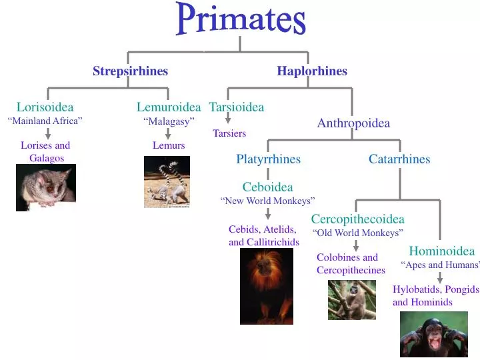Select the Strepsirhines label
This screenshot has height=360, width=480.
tap(130, 71)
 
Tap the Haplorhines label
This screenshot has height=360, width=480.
tap(312, 71)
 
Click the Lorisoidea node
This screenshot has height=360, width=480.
tap(45, 107)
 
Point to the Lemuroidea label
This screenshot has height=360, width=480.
tap(169, 107)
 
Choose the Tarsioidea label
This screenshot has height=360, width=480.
tap(237, 107)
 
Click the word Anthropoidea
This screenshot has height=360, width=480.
tap(353, 123)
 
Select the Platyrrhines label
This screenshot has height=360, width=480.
tap(268, 159)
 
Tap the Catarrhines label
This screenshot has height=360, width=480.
tap(399, 159)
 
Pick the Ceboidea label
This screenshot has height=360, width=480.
tap(267, 187)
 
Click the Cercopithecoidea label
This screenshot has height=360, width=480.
tap(357, 219)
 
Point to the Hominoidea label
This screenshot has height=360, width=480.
tap(441, 251)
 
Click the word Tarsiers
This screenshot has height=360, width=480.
tap(229, 133)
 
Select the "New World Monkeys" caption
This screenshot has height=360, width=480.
tap(267, 201)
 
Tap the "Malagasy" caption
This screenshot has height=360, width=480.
tap(169, 121)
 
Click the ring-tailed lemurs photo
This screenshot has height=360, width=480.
tap(167, 181)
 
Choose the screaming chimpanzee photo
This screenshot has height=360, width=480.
tap(433, 335)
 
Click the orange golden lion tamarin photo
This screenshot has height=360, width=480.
tap(266, 286)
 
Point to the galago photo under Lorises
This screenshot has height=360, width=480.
tap(45, 187)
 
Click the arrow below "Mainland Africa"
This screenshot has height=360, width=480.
tap(48, 133)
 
